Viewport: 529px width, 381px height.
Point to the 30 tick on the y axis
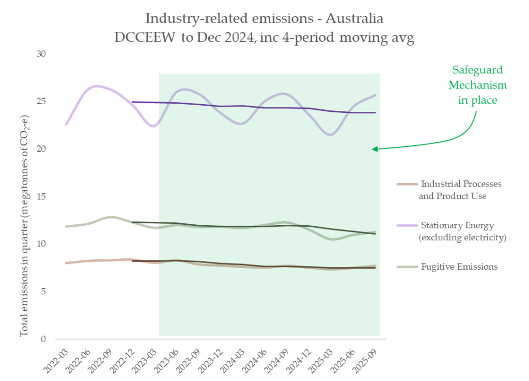(x=41, y=54)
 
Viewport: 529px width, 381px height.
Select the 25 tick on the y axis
(x=41, y=101)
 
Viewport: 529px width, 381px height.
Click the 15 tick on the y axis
(x=41, y=196)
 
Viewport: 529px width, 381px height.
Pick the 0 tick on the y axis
(x=43, y=339)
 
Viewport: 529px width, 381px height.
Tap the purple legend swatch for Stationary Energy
(x=407, y=225)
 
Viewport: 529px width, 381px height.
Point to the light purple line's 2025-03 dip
(x=331, y=135)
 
